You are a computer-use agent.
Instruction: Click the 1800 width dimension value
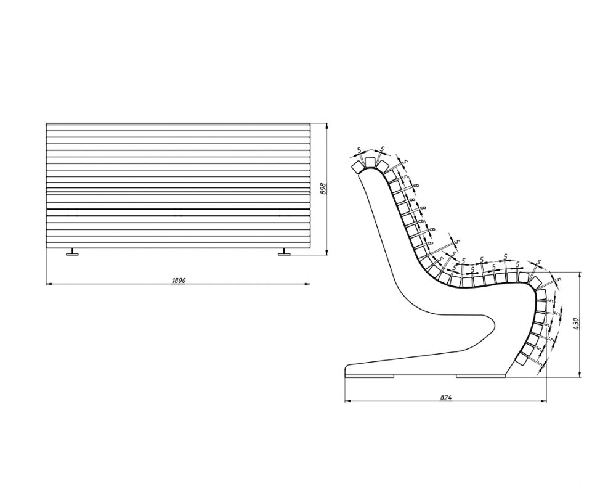[179, 280]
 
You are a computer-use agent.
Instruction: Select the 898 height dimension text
[321, 188]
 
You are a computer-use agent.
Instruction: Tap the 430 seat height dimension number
[576, 323]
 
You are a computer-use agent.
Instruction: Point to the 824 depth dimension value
[447, 398]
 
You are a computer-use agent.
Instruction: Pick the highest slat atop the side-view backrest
[370, 162]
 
